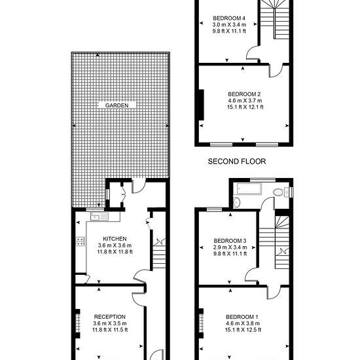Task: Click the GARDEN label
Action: point(117,105)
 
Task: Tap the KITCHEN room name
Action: point(115,239)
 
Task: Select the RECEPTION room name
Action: point(110,317)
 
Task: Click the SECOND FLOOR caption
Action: point(237,162)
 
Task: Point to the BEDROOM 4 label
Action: point(229,18)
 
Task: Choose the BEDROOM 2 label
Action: point(244,94)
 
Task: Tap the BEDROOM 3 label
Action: point(230,241)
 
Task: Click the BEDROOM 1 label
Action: point(242,317)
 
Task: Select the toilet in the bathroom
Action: point(281,192)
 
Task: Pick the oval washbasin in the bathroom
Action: point(237,202)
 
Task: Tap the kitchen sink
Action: point(99,216)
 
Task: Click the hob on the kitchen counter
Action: point(81,241)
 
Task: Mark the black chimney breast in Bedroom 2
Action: point(202,105)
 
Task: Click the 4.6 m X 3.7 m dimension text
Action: point(245,101)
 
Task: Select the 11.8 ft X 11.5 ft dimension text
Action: point(110,330)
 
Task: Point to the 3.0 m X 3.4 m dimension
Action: point(229,25)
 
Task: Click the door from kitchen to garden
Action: point(139,185)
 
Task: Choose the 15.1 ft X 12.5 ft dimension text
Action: point(243,330)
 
